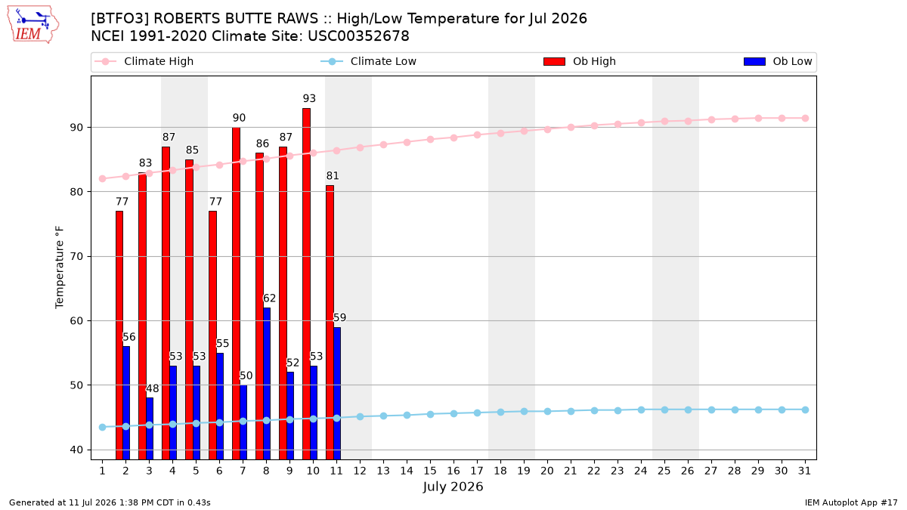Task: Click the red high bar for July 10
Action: (x=307, y=284)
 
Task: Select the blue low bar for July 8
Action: (x=267, y=384)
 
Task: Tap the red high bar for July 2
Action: (x=119, y=335)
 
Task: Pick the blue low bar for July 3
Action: (x=150, y=428)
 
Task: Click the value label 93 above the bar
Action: (x=309, y=98)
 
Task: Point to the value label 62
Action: (x=269, y=298)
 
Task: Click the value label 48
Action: (x=152, y=388)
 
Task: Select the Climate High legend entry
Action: (x=144, y=61)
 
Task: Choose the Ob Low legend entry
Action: (x=778, y=61)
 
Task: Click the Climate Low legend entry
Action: (x=368, y=61)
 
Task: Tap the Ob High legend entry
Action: (x=580, y=61)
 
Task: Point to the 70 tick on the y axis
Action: (x=76, y=257)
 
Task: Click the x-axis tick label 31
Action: (x=804, y=471)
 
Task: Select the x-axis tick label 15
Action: (x=430, y=471)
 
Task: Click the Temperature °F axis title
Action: (x=60, y=267)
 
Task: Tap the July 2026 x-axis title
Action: (x=453, y=487)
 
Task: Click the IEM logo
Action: (x=33, y=25)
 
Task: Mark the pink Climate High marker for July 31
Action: (x=805, y=118)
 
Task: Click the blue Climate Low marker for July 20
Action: (x=547, y=411)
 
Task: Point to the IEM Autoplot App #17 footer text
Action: (x=851, y=502)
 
